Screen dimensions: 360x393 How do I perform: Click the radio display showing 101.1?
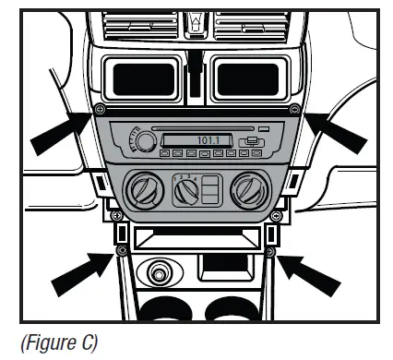click(x=188, y=140)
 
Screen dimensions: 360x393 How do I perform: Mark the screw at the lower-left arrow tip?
click(x=120, y=251)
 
